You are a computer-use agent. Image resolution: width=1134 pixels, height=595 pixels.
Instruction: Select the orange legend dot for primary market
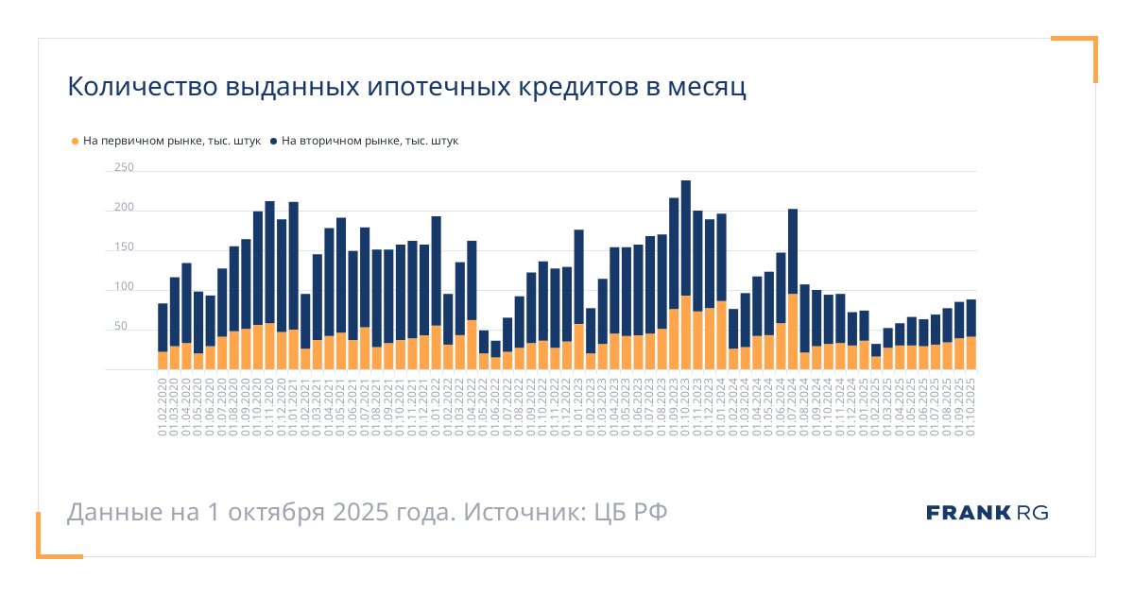tap(76, 142)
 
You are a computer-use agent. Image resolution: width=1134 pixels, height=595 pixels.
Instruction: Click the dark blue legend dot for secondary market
tap(274, 142)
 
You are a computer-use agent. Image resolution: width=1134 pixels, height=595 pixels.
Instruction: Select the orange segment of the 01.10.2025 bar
tap(971, 353)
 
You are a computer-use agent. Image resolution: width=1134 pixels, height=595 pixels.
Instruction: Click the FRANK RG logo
tap(987, 513)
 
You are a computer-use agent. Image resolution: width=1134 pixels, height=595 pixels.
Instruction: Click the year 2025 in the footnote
tap(358, 513)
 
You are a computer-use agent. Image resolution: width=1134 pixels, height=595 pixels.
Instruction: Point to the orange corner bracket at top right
tap(1087, 47)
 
